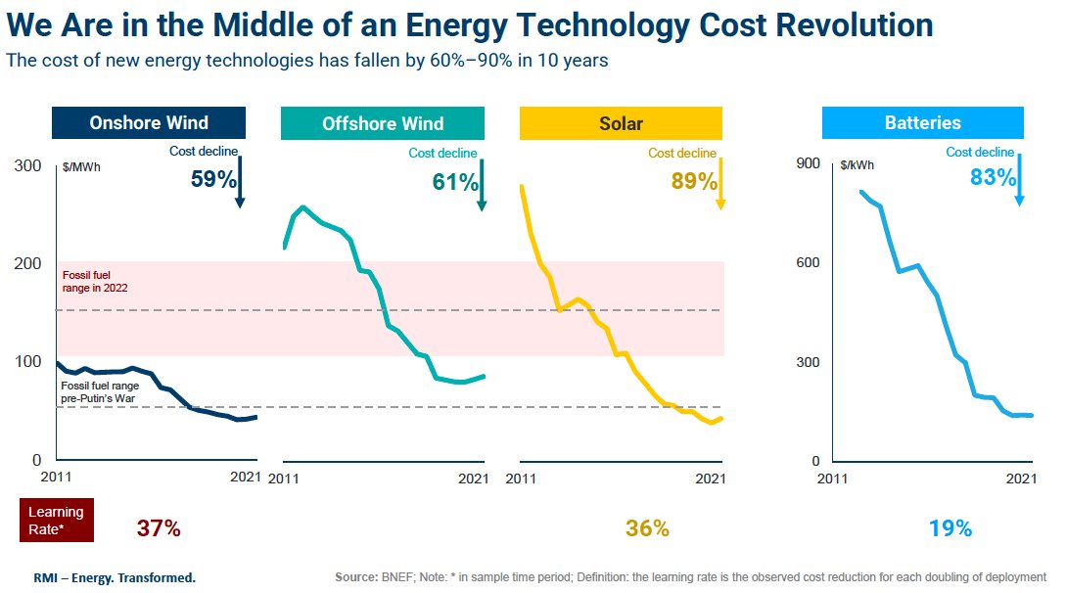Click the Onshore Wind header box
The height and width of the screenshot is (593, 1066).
(149, 123)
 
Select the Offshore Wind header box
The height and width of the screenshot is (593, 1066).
(382, 123)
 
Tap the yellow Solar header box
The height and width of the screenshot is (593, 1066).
(621, 123)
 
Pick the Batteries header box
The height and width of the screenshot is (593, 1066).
(922, 123)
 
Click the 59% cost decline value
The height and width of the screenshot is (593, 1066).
(214, 180)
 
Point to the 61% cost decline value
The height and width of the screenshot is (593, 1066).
(455, 181)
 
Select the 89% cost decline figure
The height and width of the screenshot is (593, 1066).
(694, 181)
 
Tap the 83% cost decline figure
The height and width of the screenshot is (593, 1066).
(993, 178)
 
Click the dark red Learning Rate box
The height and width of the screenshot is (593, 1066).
(56, 520)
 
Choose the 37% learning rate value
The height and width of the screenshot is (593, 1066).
(158, 528)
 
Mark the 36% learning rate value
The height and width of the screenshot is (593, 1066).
(647, 528)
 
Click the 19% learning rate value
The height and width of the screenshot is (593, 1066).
(950, 528)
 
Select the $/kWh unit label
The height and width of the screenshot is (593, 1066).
(857, 165)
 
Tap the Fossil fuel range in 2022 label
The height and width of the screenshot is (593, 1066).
(95, 282)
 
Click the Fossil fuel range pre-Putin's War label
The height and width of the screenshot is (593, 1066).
(100, 392)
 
